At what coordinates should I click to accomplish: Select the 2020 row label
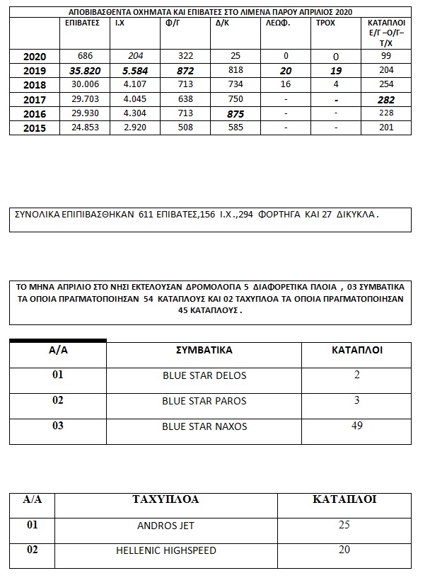35,57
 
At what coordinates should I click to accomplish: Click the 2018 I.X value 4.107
132,85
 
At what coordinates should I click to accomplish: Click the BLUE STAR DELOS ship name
204,375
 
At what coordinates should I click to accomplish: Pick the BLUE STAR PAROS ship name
204,401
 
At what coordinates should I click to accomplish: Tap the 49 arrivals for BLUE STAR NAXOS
356,426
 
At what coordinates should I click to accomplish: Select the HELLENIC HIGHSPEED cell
165,550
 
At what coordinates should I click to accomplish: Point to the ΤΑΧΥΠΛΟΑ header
165,499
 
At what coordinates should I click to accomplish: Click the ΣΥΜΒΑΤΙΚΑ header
204,350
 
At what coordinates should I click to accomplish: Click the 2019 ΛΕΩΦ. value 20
285,71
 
